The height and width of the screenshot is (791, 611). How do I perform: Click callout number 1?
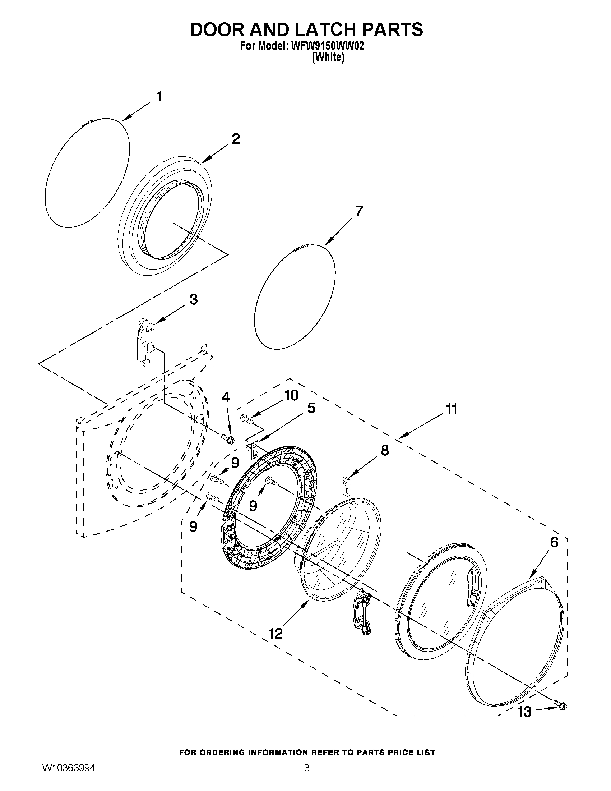point(159,97)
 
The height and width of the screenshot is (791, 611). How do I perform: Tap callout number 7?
point(358,211)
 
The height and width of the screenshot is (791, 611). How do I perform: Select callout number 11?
point(452,409)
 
